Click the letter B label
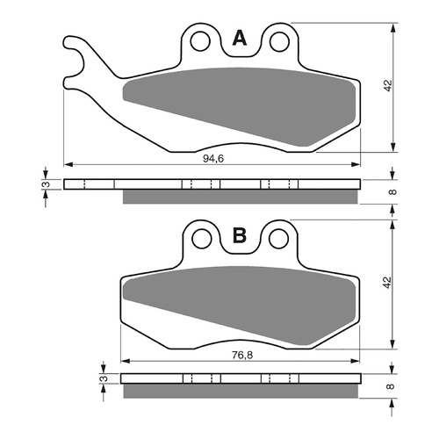tap(239, 238)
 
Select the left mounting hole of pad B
tap(200, 238)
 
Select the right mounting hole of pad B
tap(278, 238)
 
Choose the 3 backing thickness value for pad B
tap(104, 380)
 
